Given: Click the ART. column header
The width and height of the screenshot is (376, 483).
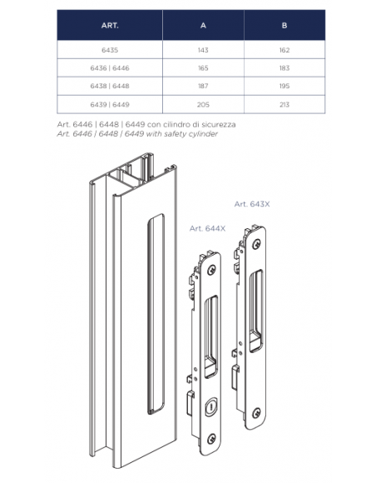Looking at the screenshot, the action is coord(110,25).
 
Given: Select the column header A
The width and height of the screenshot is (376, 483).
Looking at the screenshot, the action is coord(203,25).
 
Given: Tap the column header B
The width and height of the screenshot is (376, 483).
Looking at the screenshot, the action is coord(284,25).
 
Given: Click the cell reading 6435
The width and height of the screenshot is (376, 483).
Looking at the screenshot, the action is coord(110,50).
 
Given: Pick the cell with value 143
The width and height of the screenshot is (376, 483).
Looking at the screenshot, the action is coord(203,50).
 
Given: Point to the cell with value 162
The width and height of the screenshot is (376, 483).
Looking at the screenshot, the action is coord(284,50).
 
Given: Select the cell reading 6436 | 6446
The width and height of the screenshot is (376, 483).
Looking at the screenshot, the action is coord(110,68).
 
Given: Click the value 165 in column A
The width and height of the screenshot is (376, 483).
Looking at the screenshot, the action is coord(203,68).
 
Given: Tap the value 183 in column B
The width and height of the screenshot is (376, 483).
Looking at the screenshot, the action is coord(284,68).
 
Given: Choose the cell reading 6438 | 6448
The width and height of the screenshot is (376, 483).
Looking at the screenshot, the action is coord(110,86).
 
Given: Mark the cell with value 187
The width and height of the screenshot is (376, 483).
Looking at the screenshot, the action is coord(203,86).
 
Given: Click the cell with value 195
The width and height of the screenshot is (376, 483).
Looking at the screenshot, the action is coord(284,86).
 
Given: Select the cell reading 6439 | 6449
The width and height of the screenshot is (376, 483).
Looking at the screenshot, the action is coord(110,105).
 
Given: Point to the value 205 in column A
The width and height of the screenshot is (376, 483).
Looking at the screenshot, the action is coord(203,105).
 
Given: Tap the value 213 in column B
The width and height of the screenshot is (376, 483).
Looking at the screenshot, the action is coord(284,105).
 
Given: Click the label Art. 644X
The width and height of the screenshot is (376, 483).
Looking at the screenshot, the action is coord(207,228).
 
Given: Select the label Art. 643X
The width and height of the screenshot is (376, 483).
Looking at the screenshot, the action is coord(252,204).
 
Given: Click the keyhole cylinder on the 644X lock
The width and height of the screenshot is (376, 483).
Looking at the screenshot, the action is coord(210,408).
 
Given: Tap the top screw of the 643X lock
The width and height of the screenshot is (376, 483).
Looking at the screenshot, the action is coord(256,245).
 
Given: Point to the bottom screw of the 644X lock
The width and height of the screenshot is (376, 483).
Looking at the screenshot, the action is coord(211,439).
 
